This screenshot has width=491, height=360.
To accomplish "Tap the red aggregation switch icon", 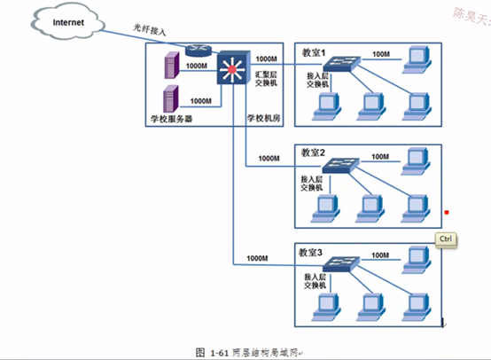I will [233, 67].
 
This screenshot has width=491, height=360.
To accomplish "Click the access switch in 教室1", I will [340, 65].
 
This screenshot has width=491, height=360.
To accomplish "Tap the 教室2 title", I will [315, 151].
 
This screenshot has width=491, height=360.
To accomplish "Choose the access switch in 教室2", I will [340, 166].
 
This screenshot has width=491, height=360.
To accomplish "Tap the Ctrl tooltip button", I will [445, 239].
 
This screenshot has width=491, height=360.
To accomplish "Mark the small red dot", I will [447, 212].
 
